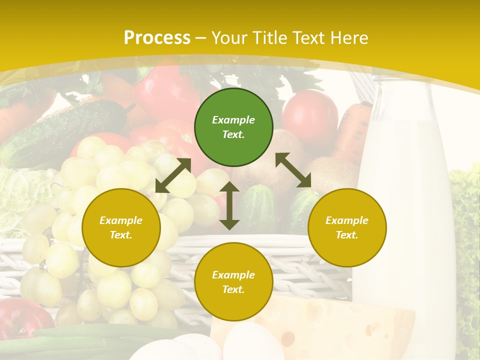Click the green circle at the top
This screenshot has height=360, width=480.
click(x=233, y=127)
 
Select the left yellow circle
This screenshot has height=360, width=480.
click(x=121, y=227)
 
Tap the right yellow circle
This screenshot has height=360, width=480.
click(x=347, y=227)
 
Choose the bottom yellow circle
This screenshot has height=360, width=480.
click(x=233, y=282)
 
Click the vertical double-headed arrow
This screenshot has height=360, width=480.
click(x=229, y=205)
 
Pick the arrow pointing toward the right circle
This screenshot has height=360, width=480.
click(x=293, y=170)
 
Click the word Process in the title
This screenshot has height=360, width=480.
click(x=157, y=37)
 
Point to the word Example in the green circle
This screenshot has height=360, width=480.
click(x=233, y=120)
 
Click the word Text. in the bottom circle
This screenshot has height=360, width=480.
click(x=233, y=289)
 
